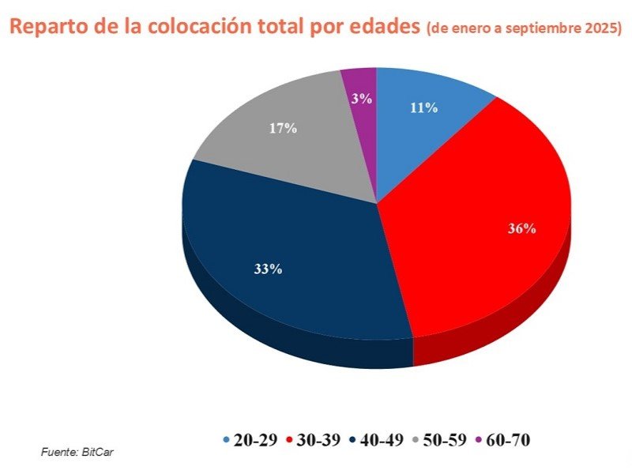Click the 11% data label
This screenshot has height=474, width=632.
tap(424, 108)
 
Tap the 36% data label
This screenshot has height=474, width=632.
tap(523, 229)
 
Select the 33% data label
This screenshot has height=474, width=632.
tap(268, 269)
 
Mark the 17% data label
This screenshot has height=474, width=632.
tap(283, 127)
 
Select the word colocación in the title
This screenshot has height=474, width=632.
tap(187, 30)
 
